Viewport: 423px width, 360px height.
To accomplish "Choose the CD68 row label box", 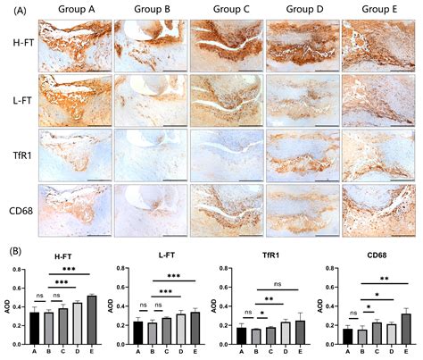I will [21, 206].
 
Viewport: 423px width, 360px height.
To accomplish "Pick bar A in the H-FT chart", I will [35, 329].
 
